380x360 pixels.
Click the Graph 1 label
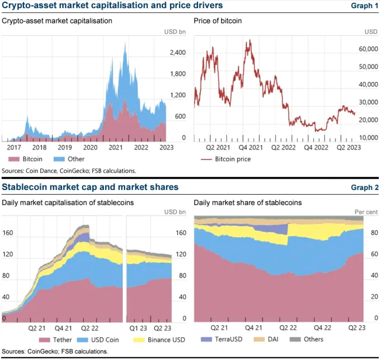point(364,6)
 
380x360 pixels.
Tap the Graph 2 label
point(364,188)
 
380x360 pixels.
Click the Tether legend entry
point(60,340)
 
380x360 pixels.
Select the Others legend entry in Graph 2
point(313,340)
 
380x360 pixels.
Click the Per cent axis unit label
point(367,211)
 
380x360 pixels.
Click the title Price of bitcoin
point(217,21)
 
